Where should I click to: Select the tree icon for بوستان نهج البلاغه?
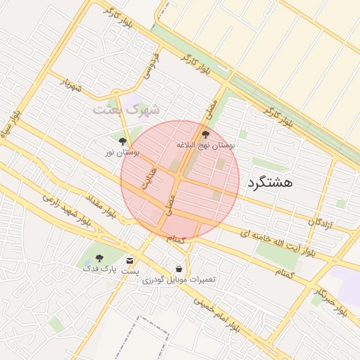(205, 134)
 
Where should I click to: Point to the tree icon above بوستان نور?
(123, 141)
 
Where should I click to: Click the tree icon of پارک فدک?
(99, 258)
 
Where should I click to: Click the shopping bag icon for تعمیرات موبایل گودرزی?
(179, 268)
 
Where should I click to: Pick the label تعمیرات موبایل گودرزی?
(179, 279)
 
